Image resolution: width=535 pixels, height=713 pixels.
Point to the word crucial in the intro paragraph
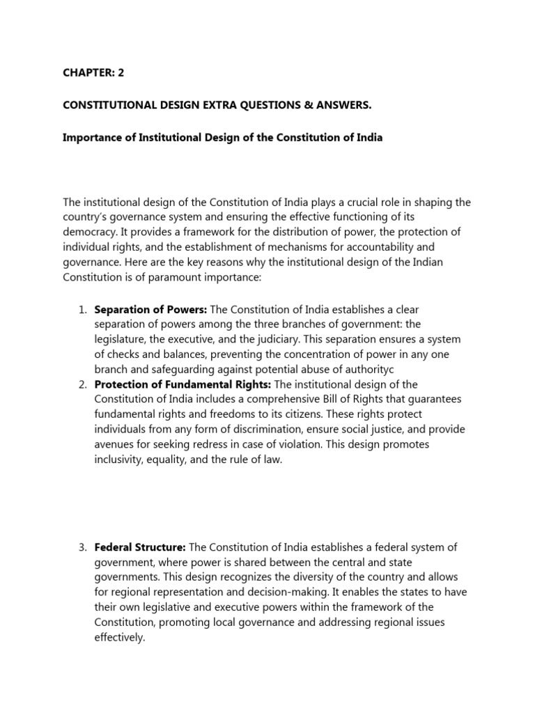tap(359, 203)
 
